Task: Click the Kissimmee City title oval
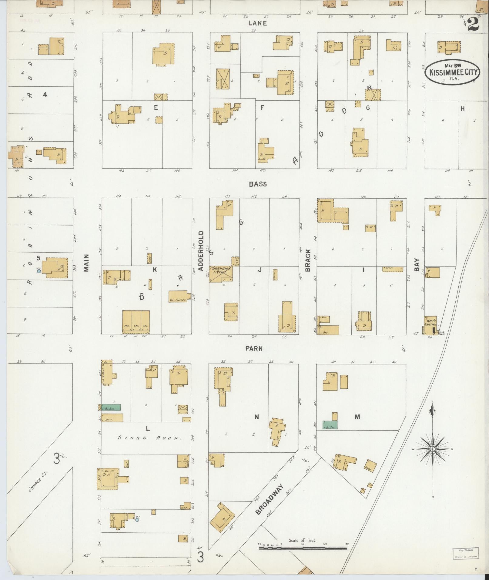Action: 452,72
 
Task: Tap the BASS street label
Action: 258,184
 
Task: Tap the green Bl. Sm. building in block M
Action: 330,425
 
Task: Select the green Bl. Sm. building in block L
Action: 111,407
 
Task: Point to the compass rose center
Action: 433,449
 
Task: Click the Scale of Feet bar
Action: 303,548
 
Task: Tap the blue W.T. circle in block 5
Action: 39,271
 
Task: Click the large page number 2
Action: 473,24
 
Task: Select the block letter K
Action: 155,270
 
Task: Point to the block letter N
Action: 256,417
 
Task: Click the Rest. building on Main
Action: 112,418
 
